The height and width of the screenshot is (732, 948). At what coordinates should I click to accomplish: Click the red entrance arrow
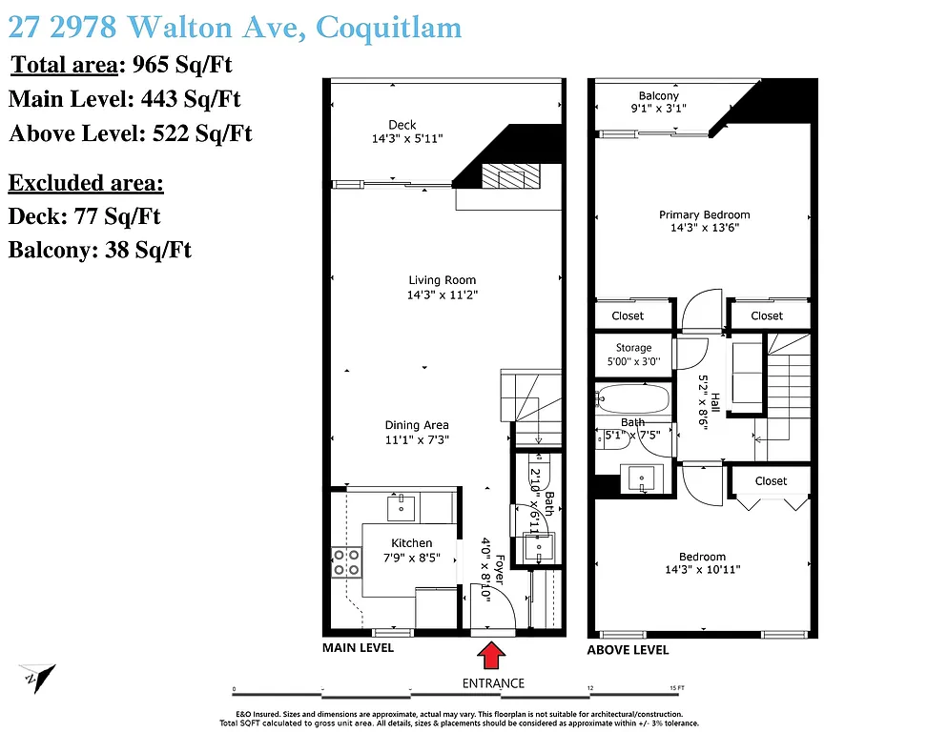[x=492, y=657]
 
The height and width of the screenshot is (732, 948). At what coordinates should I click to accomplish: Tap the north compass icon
[x=37, y=678]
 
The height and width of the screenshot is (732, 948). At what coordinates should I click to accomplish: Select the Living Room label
[x=442, y=280]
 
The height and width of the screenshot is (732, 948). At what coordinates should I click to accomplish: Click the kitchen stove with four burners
[x=346, y=561]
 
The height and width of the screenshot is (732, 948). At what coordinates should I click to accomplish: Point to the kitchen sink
[x=402, y=506]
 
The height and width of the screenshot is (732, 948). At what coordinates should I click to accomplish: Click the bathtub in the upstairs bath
[x=632, y=397]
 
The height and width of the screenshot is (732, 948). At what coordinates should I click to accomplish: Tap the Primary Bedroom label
[x=704, y=214]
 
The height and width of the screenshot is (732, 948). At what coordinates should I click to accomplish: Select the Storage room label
[x=633, y=348]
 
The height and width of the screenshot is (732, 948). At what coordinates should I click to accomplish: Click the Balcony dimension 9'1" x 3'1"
[x=659, y=108]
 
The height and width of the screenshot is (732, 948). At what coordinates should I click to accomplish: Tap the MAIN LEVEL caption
[x=358, y=648]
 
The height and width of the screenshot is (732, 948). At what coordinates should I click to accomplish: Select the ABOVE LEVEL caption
[x=628, y=650]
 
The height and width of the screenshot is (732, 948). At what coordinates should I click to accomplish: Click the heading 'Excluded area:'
[x=86, y=183]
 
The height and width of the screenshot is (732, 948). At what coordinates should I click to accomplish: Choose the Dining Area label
[x=417, y=425]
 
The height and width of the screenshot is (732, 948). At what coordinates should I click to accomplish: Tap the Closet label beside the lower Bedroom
[x=771, y=480]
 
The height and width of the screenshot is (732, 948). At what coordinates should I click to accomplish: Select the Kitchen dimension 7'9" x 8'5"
[x=411, y=558]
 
